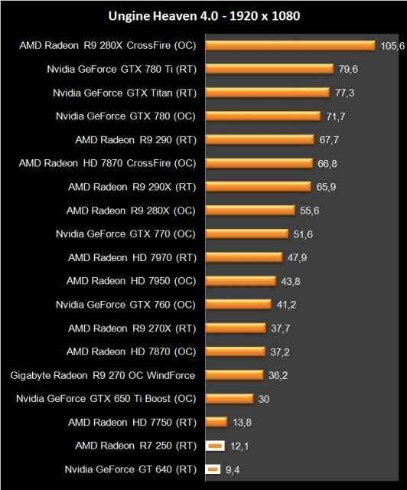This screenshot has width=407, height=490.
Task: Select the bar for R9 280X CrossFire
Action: (290, 46)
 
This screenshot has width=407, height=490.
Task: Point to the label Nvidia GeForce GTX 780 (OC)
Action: (125, 116)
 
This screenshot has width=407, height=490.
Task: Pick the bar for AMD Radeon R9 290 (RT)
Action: (260, 140)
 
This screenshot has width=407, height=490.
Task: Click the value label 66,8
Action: (327, 163)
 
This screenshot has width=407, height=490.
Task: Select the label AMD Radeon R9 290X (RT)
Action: (132, 186)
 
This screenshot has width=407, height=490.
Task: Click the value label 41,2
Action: (285, 304)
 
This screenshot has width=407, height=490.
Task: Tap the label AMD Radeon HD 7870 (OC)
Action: (132, 351)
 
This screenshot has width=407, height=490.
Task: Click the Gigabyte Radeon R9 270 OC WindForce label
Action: (103, 374)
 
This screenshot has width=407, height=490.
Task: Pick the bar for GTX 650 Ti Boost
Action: (229, 398)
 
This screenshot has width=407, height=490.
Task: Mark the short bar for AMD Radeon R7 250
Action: (215, 446)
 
